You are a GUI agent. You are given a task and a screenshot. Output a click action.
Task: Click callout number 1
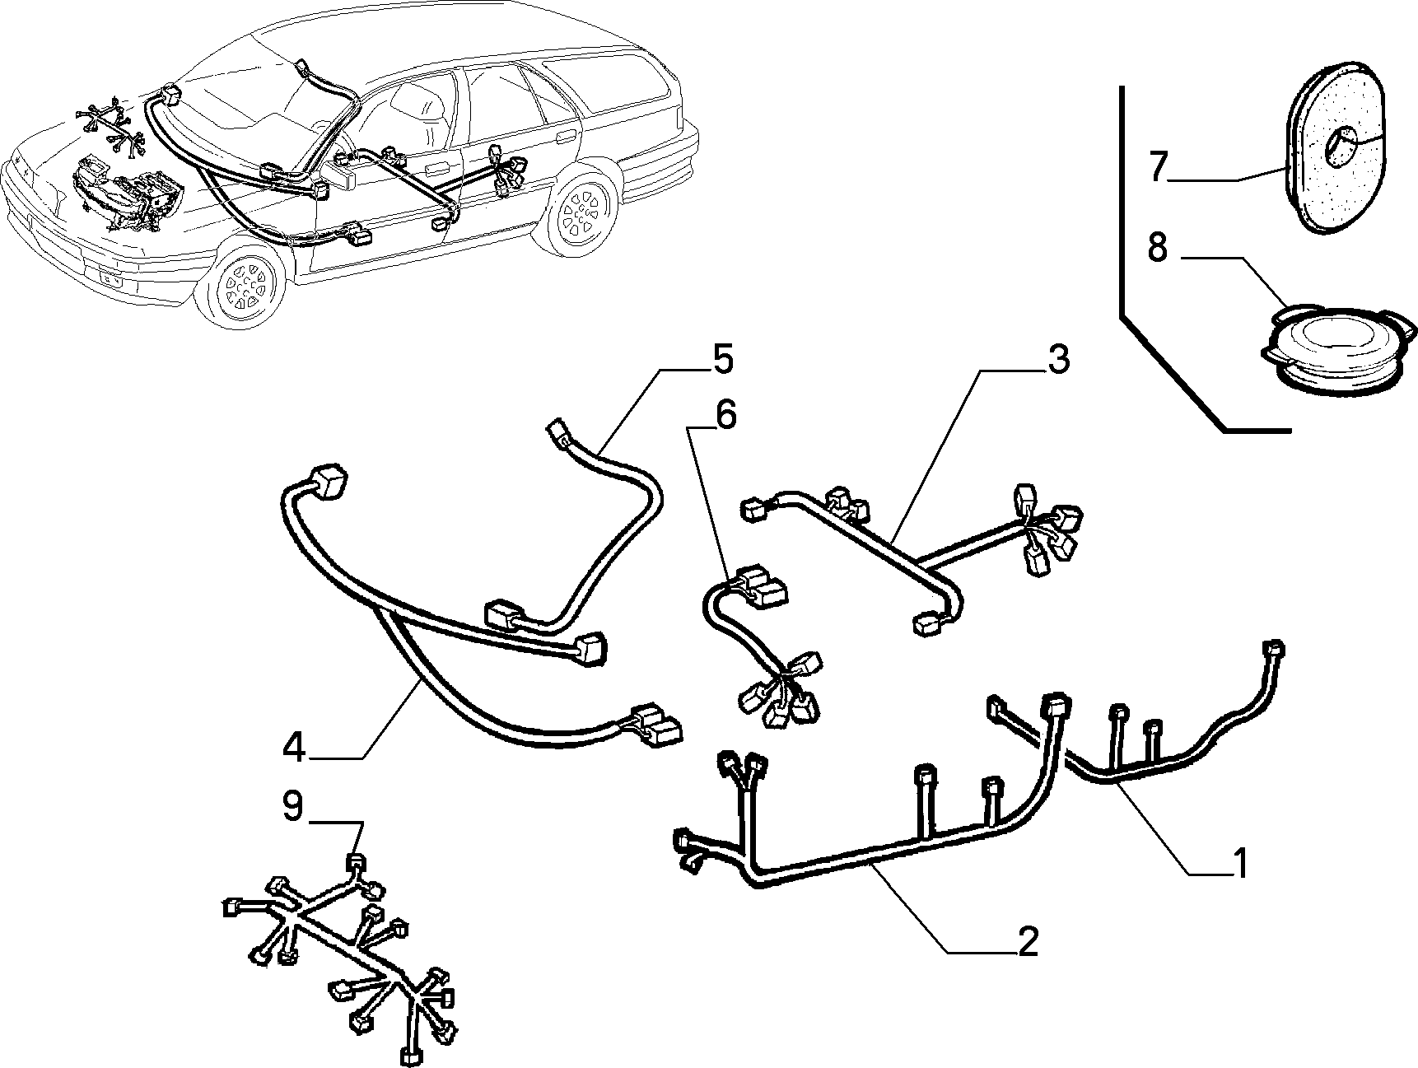click(1238, 862)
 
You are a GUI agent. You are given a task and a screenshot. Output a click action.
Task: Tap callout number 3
click(1057, 359)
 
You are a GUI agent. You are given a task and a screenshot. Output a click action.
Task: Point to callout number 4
click(295, 746)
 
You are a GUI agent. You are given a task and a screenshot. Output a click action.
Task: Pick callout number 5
click(722, 359)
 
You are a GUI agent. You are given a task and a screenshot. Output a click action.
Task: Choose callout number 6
click(725, 415)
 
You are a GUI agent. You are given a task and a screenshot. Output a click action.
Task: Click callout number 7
click(1159, 167)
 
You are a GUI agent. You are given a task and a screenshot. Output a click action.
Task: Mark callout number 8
click(1158, 246)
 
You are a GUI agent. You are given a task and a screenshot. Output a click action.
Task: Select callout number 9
click(293, 806)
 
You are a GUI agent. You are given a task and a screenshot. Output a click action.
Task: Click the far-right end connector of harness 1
click(1274, 649)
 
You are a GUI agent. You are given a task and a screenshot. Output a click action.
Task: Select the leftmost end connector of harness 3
click(753, 510)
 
